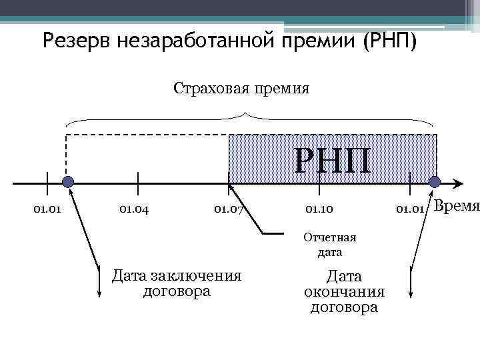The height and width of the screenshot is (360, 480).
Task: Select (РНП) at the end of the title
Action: tap(389, 41)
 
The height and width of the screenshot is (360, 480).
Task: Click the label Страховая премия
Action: tap(241, 88)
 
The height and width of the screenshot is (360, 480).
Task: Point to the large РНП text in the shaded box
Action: tap(333, 161)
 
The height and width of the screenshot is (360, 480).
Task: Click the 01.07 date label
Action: tap(229, 210)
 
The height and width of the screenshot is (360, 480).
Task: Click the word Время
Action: tap(457, 206)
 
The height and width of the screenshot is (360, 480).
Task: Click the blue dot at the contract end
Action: tap(435, 182)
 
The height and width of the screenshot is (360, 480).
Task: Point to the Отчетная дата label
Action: tap(329, 245)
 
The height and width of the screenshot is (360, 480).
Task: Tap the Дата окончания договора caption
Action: tap(344, 291)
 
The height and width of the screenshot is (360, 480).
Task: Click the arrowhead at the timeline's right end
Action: tap(459, 182)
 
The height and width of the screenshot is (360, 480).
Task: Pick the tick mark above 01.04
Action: tap(137, 181)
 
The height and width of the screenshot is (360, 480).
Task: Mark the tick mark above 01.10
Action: tap(319, 181)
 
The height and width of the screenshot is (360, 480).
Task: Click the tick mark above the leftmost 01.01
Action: tap(47, 181)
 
